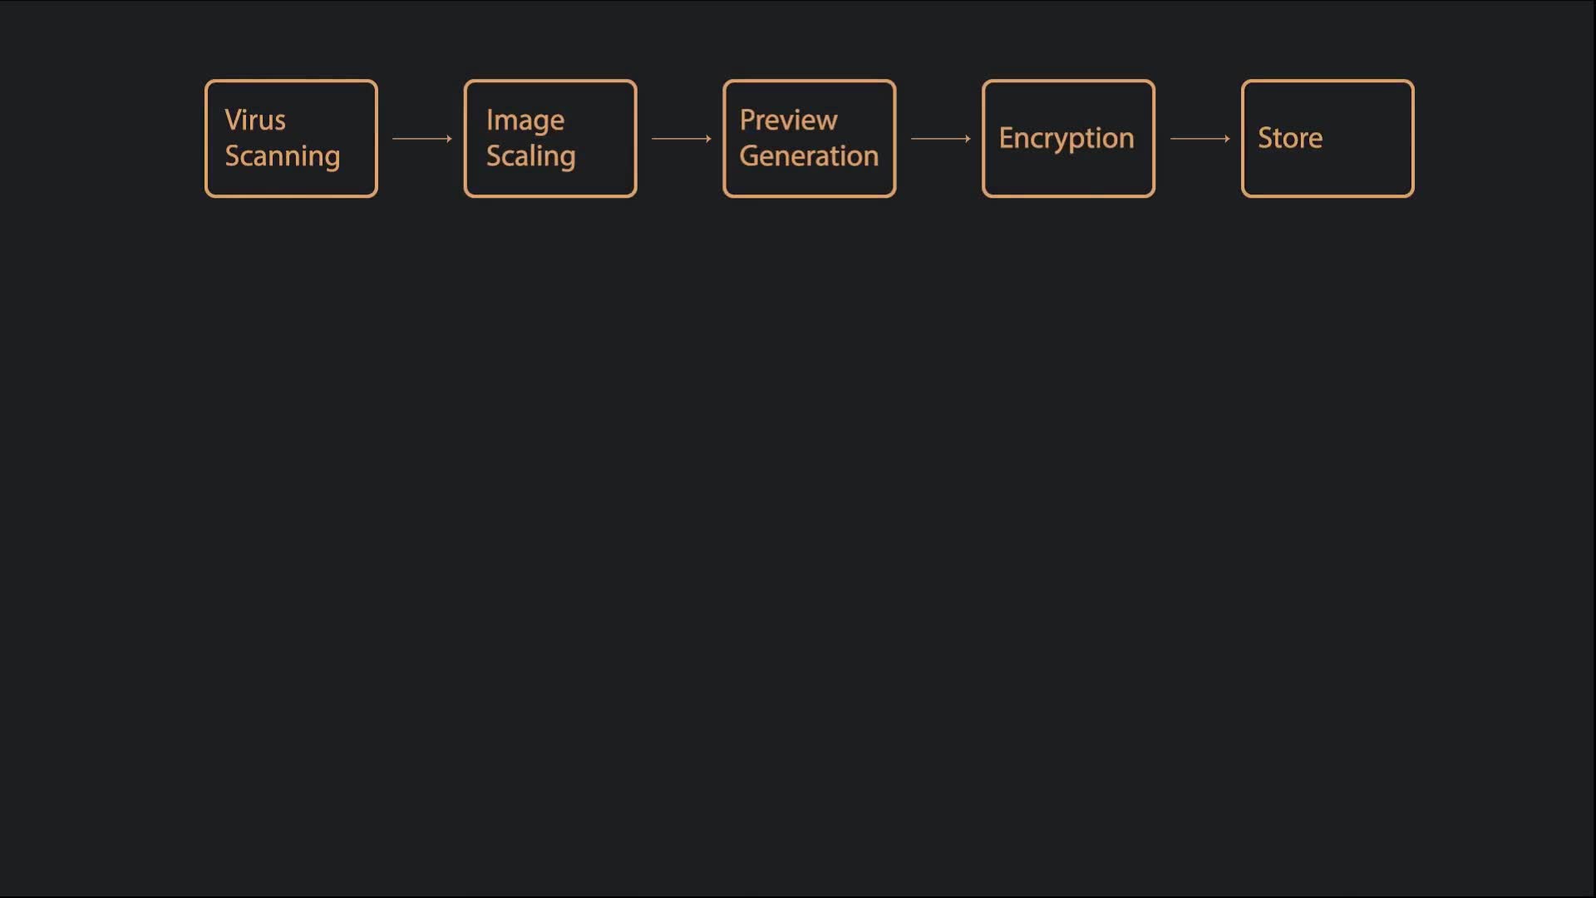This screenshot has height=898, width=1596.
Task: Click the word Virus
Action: tap(255, 121)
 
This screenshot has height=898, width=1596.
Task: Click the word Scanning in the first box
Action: tap(283, 157)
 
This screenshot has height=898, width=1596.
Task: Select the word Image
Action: tap(525, 121)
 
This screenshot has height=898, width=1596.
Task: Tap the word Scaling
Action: tap(531, 157)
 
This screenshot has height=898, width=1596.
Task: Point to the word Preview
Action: tap(789, 121)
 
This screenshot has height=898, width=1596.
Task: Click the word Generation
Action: tap(809, 156)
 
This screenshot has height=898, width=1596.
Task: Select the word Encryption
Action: tap(1066, 139)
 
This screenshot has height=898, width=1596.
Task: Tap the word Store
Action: tap(1290, 138)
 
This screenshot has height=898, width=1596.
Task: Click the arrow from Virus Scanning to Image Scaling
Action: tap(422, 139)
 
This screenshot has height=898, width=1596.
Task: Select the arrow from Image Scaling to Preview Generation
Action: tap(682, 139)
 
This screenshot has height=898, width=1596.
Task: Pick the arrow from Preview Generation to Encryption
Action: tap(941, 139)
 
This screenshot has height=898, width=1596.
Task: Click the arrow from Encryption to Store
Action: tap(1200, 139)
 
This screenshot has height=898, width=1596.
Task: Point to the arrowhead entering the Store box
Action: tap(1227, 139)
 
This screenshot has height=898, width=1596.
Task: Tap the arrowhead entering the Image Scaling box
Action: tap(449, 139)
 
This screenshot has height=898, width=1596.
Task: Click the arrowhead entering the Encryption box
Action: tap(968, 139)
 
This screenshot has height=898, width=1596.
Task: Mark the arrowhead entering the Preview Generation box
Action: tap(708, 139)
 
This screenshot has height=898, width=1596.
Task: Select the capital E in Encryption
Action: tap(1007, 138)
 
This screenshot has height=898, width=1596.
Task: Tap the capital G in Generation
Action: tap(750, 156)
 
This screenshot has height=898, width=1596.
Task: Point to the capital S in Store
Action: tap(1266, 138)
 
